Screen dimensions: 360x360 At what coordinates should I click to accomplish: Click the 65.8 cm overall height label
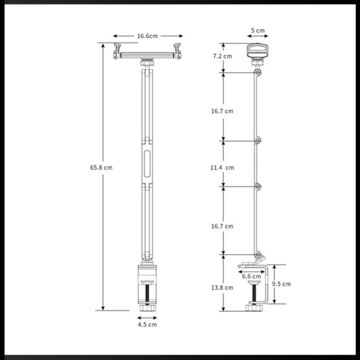(101, 167)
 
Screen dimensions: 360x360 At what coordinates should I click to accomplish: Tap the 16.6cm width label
(147, 36)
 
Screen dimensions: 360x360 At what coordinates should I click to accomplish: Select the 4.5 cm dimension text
(147, 325)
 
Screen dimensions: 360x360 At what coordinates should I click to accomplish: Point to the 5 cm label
(257, 30)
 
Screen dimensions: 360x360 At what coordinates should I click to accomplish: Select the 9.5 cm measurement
(282, 284)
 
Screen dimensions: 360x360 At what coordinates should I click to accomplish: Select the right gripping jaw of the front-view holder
(177, 50)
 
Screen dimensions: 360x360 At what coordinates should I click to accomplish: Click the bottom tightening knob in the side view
(255, 307)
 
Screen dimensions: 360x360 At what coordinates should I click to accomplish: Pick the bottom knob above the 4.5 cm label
(147, 307)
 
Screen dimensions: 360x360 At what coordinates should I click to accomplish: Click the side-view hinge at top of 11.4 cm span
(257, 140)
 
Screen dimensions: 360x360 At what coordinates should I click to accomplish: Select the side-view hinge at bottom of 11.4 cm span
(257, 186)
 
